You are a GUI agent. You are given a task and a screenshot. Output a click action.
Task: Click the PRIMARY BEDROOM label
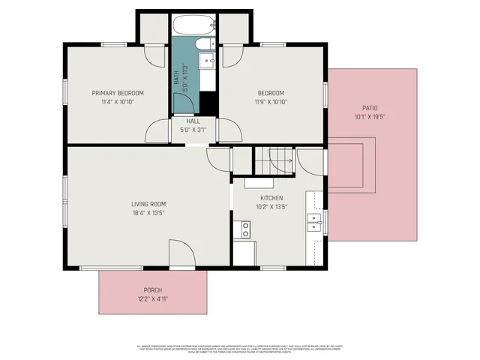118,93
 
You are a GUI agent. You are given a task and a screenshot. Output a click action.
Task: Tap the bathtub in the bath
193,25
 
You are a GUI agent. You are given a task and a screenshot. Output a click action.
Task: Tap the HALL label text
193,121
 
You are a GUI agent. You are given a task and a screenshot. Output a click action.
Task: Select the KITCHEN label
271,198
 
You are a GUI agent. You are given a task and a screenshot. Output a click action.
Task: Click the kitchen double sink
313,220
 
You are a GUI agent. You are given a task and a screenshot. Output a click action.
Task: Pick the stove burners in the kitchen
244,230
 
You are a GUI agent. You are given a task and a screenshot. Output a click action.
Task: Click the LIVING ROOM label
148,204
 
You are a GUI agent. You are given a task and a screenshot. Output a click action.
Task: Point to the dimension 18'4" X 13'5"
148,213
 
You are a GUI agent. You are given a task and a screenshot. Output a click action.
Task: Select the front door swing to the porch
181,253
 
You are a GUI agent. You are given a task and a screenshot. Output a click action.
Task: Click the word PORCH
153,290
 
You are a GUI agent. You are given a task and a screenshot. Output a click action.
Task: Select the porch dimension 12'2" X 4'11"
153,299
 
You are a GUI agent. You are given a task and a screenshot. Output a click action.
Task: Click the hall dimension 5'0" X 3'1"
193,130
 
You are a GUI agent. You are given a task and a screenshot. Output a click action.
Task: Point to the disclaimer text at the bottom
240,349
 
